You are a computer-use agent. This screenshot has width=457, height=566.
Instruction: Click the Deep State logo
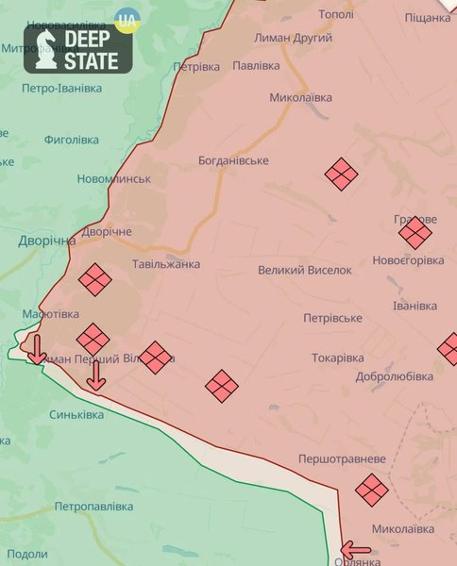point(78,50)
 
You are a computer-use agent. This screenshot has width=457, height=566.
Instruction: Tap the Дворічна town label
point(46,241)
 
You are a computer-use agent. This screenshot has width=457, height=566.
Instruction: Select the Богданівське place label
point(233,161)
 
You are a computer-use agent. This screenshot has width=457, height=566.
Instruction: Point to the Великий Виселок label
point(305,271)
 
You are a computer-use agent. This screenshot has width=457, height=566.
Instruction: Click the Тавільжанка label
point(166,265)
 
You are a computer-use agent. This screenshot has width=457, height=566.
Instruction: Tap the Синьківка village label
point(76,415)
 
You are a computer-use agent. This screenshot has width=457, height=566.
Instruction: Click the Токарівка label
point(337,358)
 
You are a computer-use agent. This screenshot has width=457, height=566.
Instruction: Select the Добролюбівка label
point(395,376)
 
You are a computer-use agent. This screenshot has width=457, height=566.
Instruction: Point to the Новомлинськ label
point(114,179)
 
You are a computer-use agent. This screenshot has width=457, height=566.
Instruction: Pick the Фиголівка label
point(71,141)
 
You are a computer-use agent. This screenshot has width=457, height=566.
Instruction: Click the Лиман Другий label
point(293,38)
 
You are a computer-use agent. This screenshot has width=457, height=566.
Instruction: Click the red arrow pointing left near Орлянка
point(356,549)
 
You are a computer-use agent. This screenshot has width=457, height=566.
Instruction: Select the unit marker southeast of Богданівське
point(341,174)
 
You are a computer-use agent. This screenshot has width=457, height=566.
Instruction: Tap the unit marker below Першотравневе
point(372,489)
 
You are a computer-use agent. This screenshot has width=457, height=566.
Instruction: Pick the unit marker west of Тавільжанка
point(94,279)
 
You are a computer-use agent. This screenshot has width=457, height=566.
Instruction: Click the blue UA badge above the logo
point(125,18)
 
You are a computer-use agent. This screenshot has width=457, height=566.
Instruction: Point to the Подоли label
point(26,554)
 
